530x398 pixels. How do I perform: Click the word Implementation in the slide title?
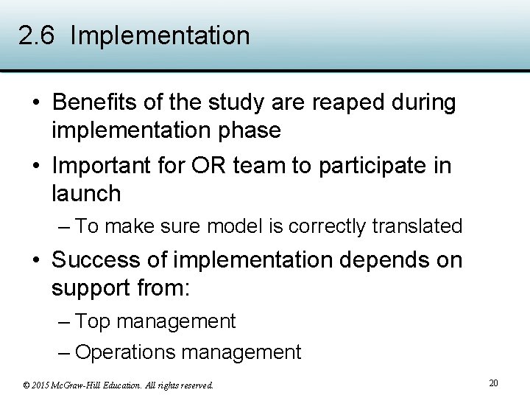click(x=160, y=36)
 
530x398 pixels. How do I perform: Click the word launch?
click(x=86, y=194)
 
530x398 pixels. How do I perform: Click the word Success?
click(x=95, y=260)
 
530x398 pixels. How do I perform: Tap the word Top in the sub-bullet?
click(x=93, y=321)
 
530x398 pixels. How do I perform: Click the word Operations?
click(x=125, y=352)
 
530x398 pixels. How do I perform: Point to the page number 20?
click(x=493, y=383)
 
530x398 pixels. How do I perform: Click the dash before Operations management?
click(x=63, y=352)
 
